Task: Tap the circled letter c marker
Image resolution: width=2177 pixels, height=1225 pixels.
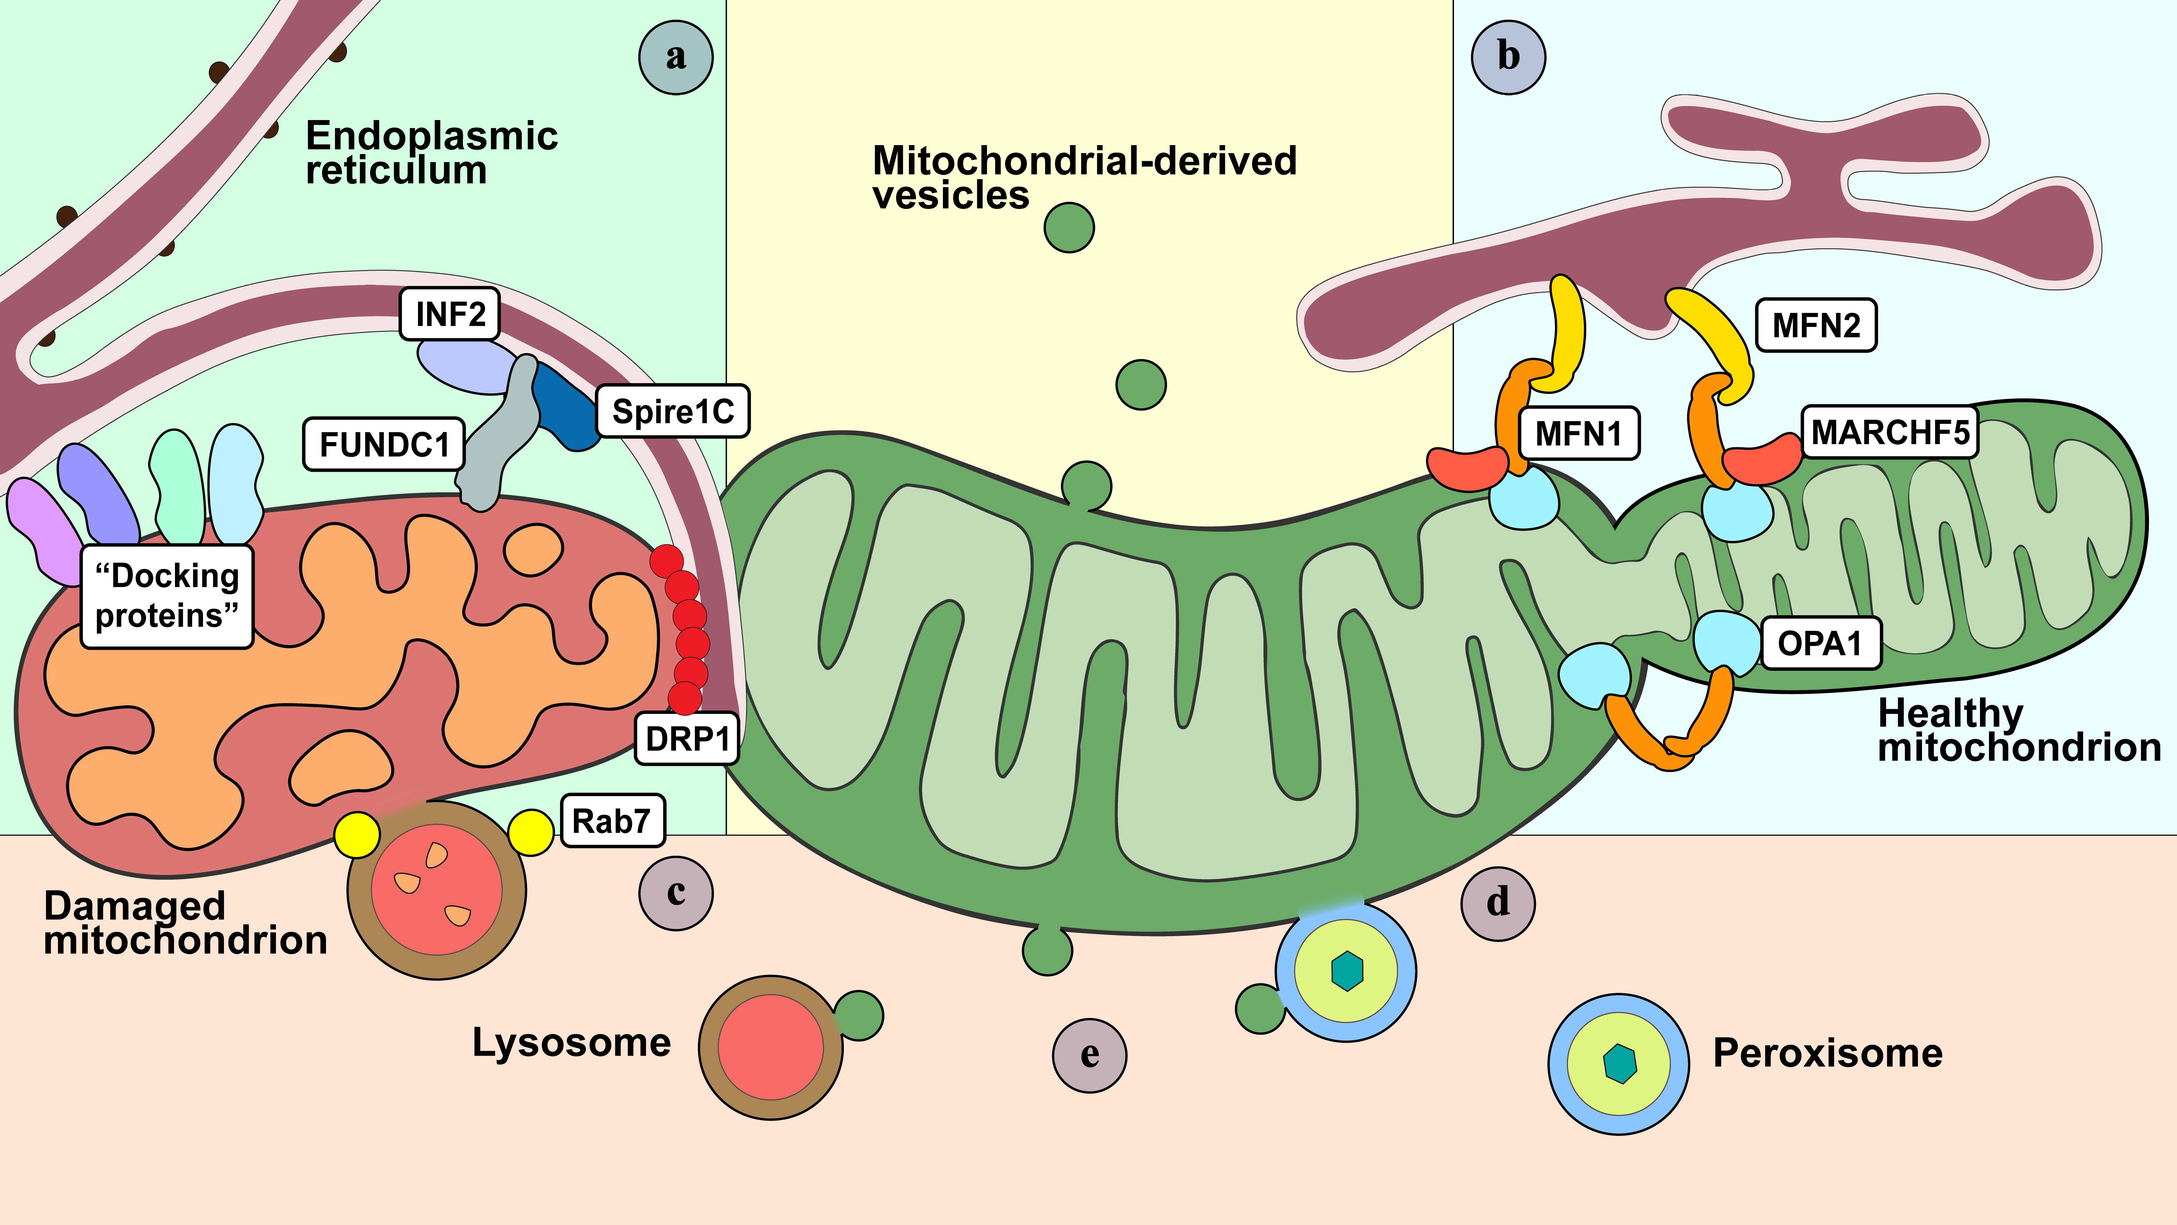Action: pyautogui.click(x=675, y=893)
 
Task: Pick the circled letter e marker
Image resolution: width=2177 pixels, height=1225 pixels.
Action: pyautogui.click(x=1089, y=1055)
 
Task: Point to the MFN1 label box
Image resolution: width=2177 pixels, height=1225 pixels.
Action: pyautogui.click(x=1579, y=434)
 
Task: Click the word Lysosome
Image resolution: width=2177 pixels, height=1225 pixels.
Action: pyautogui.click(x=571, y=1042)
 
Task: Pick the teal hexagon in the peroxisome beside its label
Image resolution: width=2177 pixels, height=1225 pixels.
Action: pyautogui.click(x=1619, y=1064)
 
